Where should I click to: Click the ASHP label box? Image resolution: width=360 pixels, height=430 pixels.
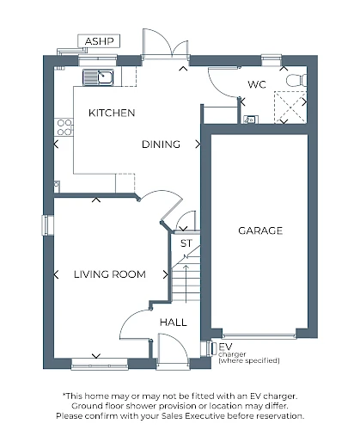pyautogui.click(x=99, y=41)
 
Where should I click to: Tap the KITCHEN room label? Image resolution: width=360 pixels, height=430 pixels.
pyautogui.click(x=112, y=113)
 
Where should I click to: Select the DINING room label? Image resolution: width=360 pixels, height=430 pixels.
pyautogui.click(x=161, y=144)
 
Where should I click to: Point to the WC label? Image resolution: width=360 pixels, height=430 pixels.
pyautogui.click(x=257, y=84)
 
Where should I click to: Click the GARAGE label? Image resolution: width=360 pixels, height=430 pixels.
pyautogui.click(x=260, y=230)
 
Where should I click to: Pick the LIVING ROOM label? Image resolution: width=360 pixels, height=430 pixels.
pyautogui.click(x=110, y=274)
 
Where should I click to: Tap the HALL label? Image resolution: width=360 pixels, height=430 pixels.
pyautogui.click(x=174, y=322)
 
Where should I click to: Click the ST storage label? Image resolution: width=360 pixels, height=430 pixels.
pyautogui.click(x=186, y=243)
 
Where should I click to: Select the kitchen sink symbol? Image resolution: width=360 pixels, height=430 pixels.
pyautogui.click(x=98, y=77)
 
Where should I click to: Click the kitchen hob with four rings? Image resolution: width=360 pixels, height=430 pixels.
pyautogui.click(x=64, y=127)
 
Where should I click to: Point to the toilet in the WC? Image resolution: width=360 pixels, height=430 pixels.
pyautogui.click(x=296, y=80)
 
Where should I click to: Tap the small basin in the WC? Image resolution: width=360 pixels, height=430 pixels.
pyautogui.click(x=251, y=120)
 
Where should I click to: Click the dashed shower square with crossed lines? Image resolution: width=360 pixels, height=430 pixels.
pyautogui.click(x=290, y=107)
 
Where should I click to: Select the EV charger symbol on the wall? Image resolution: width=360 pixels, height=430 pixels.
pyautogui.click(x=213, y=349)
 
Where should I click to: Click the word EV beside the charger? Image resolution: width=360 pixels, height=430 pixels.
pyautogui.click(x=225, y=347)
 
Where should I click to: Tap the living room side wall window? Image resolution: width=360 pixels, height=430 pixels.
pyautogui.click(x=46, y=225)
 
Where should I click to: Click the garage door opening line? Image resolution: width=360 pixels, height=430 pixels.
pyautogui.click(x=259, y=335)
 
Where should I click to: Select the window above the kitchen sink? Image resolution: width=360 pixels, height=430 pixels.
pyautogui.click(x=98, y=59)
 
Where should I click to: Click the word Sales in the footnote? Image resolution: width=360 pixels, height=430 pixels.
pyautogui.click(x=173, y=415)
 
